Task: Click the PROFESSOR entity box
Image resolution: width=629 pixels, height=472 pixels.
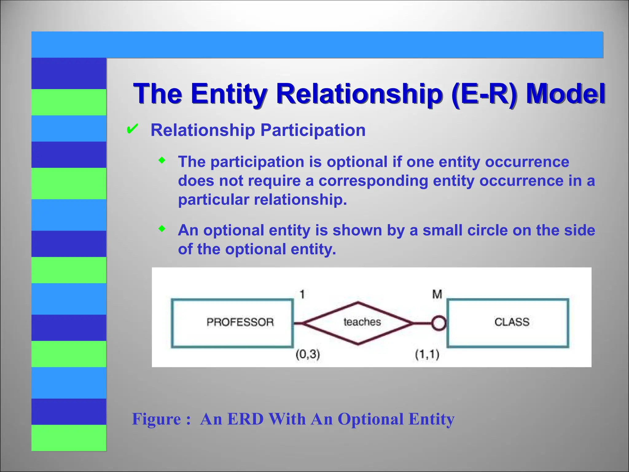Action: (232, 323)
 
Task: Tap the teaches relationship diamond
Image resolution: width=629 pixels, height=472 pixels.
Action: (358, 323)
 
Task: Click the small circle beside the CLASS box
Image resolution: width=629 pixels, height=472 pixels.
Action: (438, 323)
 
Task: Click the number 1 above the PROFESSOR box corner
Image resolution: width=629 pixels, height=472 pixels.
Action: (302, 294)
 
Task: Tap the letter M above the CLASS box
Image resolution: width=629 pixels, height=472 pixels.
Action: (437, 294)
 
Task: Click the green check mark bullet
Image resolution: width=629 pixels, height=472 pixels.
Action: (132, 129)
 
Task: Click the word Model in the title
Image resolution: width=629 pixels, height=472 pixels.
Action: (565, 94)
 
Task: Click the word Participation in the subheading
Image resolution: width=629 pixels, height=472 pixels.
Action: (313, 130)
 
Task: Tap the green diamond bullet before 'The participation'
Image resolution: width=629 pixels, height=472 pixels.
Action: (162, 160)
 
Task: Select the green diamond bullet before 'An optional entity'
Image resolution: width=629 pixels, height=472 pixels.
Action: (162, 229)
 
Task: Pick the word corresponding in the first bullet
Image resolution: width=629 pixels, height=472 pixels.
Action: (373, 181)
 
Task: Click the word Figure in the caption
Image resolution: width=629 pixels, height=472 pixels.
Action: (156, 419)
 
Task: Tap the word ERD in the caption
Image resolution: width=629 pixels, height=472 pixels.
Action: (245, 419)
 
